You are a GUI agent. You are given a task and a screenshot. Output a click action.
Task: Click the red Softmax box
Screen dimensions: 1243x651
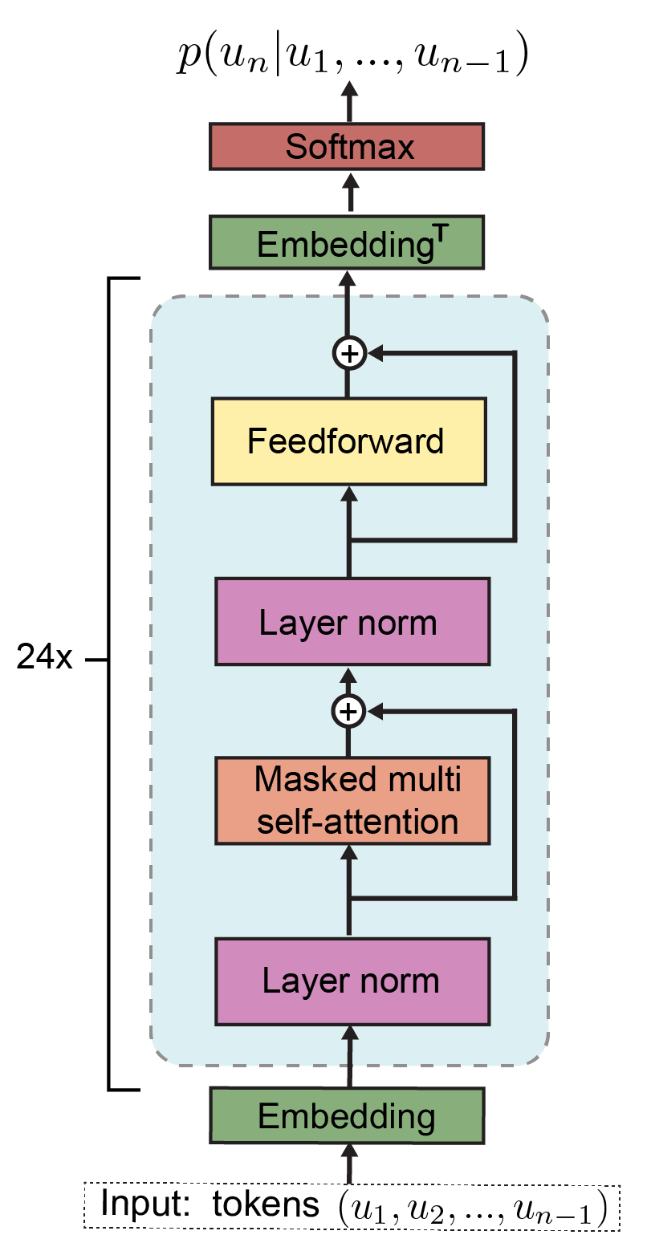coord(347,146)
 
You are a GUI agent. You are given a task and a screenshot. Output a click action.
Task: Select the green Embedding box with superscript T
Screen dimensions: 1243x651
coord(347,242)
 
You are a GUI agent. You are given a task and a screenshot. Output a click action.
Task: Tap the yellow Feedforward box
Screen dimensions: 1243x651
coord(348,441)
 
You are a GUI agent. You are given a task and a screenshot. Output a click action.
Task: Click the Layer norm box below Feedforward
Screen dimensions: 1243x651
coord(352,622)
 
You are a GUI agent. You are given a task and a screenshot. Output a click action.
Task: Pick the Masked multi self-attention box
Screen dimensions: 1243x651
coord(352,800)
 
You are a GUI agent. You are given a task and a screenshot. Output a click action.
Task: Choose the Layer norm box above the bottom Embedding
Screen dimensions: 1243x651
coord(352,981)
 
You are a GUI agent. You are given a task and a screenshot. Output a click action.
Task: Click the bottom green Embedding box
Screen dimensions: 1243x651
coord(347,1115)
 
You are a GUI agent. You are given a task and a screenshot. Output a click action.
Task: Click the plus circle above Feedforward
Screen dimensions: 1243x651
coord(348,352)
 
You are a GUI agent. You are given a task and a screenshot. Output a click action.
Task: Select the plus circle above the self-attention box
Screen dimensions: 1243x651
coord(348,710)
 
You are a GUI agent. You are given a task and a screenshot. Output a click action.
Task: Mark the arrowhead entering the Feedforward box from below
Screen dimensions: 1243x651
coord(348,493)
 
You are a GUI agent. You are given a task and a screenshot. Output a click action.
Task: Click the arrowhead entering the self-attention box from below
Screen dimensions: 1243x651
coord(348,852)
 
